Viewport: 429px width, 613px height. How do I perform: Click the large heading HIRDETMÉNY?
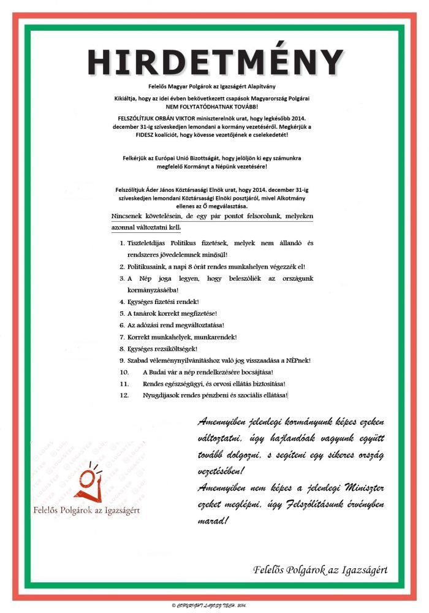coord(214,62)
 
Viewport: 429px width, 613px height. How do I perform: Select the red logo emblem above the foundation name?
coord(89,483)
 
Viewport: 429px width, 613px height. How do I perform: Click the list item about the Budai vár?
coord(208,371)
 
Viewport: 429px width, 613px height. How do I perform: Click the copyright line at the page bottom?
coord(214,604)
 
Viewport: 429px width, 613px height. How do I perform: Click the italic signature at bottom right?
coord(321,569)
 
